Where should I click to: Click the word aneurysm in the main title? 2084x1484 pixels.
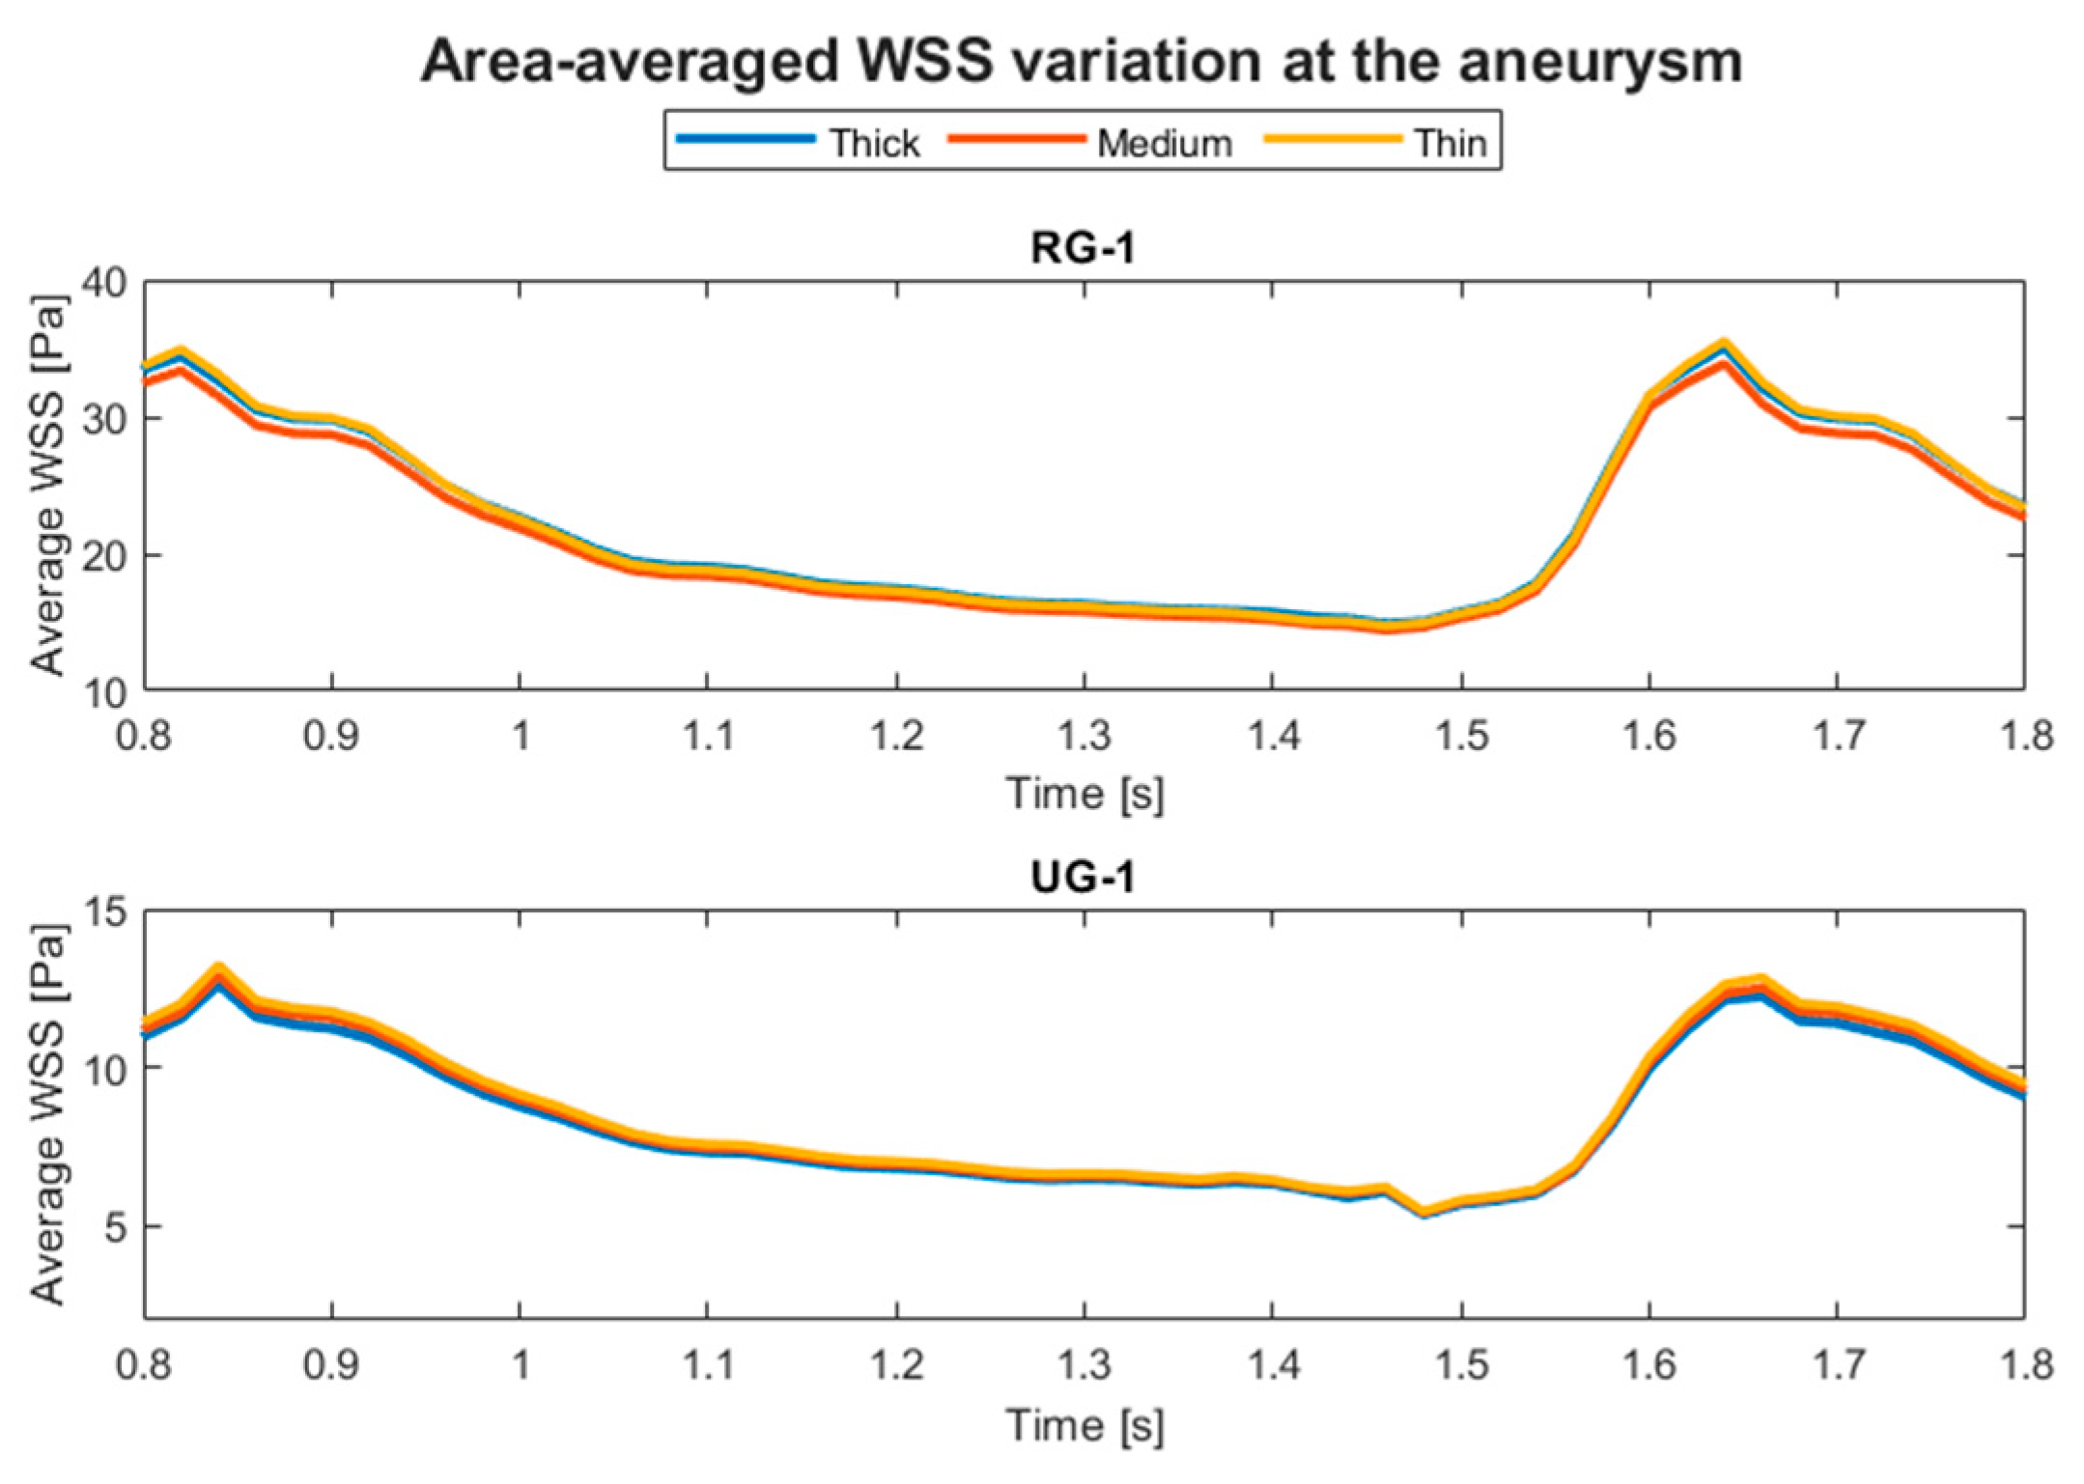click(1599, 62)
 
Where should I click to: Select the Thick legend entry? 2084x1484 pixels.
click(874, 143)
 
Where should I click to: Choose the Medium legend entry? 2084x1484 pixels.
click(1164, 143)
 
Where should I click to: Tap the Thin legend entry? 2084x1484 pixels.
click(1450, 143)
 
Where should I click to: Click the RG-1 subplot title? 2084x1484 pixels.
click(1083, 248)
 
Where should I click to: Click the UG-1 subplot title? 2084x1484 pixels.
click(1083, 877)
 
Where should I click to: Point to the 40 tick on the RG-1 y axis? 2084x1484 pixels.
click(103, 283)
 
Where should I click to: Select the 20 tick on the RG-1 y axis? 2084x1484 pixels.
click(103, 556)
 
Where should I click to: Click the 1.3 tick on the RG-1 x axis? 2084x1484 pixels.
click(1084, 737)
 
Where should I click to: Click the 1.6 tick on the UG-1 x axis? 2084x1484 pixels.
click(1648, 1365)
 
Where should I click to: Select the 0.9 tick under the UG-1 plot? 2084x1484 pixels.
click(331, 1365)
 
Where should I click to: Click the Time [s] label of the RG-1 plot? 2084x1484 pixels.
click(1084, 794)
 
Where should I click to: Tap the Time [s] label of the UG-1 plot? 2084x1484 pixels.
click(1084, 1425)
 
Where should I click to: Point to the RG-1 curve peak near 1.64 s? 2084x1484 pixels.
click(1723, 350)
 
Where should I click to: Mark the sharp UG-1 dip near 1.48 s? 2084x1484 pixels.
click(1423, 1212)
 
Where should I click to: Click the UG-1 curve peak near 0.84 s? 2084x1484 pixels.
click(219, 972)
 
